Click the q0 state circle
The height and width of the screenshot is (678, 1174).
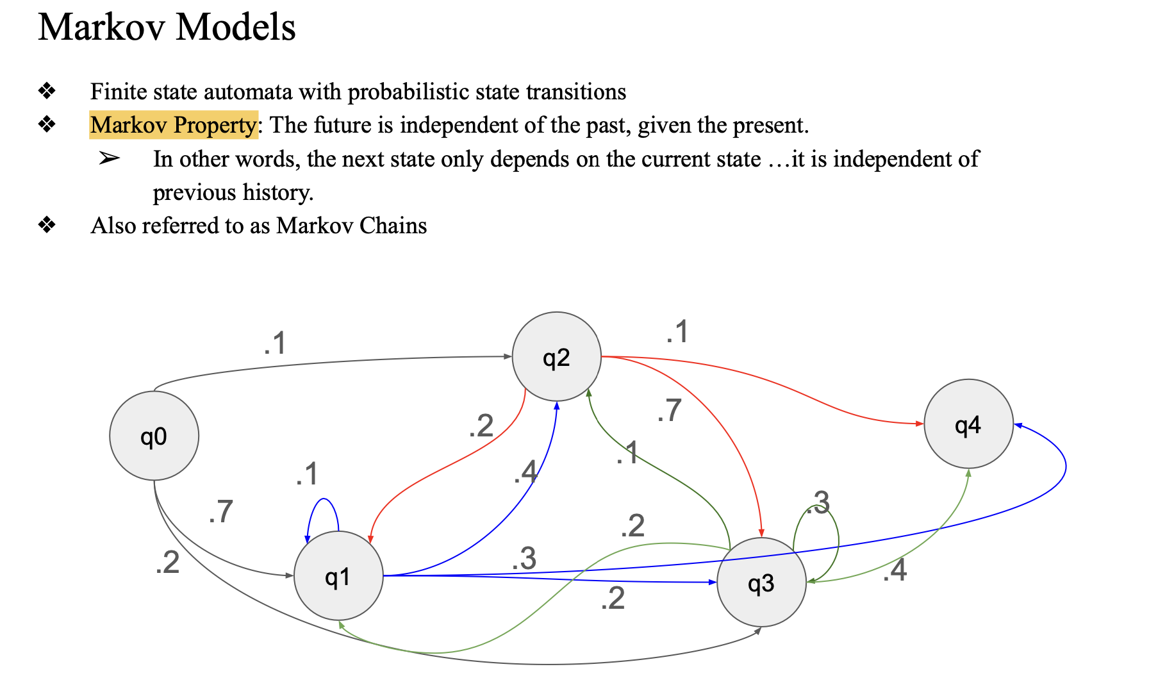pos(154,436)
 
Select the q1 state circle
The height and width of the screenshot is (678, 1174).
pos(338,575)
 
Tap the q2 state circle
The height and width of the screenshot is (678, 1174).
pos(556,357)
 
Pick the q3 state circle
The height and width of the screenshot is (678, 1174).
pos(761,582)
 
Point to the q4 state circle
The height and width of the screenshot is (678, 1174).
pos(968,424)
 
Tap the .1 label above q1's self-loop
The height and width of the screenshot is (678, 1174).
pos(307,474)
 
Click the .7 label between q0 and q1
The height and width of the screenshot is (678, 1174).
pos(221,511)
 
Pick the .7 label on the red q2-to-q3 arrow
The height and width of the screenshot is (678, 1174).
pos(669,410)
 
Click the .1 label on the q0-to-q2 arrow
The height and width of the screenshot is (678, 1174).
pos(275,343)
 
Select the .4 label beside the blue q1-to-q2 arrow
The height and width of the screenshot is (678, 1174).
pos(525,472)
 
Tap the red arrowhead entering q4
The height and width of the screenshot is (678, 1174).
pos(920,424)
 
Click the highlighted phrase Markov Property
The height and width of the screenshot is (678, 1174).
pos(173,125)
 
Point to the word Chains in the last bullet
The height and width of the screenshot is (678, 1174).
pos(393,226)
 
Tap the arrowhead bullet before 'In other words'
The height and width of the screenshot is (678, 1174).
pos(109,158)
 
